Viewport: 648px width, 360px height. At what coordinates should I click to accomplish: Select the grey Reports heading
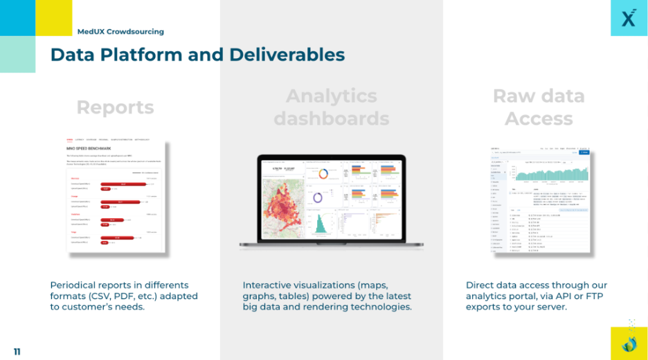click(115, 107)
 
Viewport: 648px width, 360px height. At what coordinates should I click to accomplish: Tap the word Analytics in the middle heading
click(331, 96)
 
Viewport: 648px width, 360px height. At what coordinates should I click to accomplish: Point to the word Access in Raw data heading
click(539, 118)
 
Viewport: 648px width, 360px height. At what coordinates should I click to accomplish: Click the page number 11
click(17, 352)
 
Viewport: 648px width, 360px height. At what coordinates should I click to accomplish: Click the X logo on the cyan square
click(629, 18)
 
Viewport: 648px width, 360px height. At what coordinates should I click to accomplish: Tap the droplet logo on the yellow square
click(629, 341)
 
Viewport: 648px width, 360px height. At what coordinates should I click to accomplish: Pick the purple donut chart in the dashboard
click(319, 197)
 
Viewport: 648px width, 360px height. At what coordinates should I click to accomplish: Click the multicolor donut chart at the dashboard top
click(319, 174)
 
